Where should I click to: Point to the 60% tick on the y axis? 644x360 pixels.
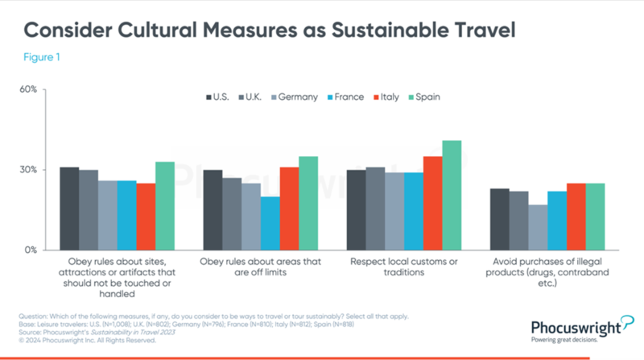coord(29,89)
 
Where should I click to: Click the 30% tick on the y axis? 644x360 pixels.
coord(29,170)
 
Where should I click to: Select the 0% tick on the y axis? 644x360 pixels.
coord(31,250)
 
